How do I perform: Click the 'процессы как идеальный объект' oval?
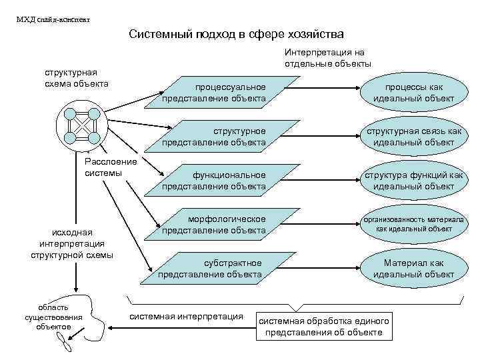point(413,93)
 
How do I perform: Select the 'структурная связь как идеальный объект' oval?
point(413,137)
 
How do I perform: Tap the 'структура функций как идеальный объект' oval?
point(413,181)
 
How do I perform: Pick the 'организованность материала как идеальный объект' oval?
point(413,224)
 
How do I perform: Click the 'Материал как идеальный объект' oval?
point(413,268)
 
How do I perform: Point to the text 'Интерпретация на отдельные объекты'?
point(328,58)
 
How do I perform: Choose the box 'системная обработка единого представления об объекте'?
point(324,325)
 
